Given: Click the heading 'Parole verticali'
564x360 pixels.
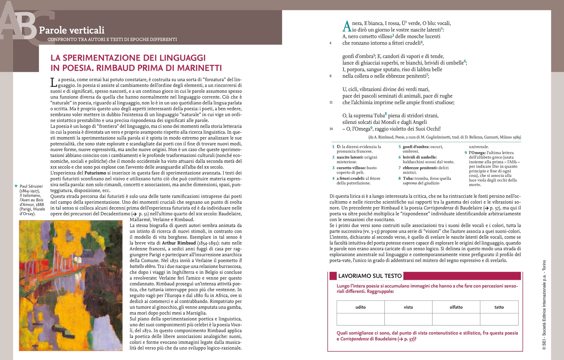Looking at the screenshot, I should pyautogui.click(x=72, y=30).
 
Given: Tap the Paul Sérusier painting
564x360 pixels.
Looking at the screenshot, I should pyautogui.click(x=71, y=285).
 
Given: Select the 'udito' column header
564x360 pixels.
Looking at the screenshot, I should pyautogui.click(x=360, y=307).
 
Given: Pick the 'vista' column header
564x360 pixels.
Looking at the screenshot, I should pyautogui.click(x=408, y=307).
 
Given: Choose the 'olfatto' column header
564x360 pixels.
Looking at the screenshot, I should pyautogui.click(x=456, y=307).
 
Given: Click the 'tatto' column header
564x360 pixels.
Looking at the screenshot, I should pyautogui.click(x=499, y=307).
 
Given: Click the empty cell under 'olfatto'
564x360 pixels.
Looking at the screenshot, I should pyautogui.click(x=456, y=319).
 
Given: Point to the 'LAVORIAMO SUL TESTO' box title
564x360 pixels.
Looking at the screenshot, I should pyautogui.click(x=370, y=276).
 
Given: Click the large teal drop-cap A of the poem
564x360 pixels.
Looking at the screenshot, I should pyautogui.click(x=347, y=27).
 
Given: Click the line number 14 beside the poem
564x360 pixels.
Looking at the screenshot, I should pyautogui.click(x=331, y=129).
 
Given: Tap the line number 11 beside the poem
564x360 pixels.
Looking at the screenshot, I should pyautogui.click(x=331, y=102).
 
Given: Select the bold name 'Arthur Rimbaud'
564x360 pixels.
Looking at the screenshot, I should pyautogui.click(x=179, y=243).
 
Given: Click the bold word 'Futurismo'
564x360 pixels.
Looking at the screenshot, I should pyautogui.click(x=95, y=173).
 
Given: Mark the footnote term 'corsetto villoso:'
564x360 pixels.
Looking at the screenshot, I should pyautogui.click(x=351, y=168).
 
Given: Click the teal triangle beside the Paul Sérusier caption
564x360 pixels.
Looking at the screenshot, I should pyautogui.click(x=16, y=186).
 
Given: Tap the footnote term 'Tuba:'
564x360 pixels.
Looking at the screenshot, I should pyautogui.click(x=408, y=178).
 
